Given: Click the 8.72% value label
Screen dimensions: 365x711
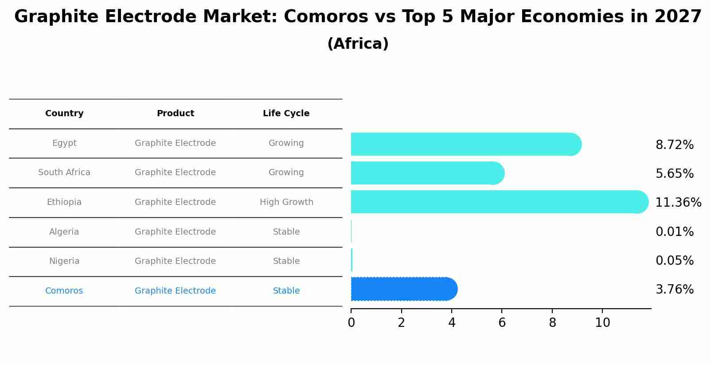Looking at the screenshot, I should pos(674,145).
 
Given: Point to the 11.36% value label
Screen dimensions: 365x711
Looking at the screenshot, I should pos(678,203).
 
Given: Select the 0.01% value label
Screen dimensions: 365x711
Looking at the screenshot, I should pos(674,232).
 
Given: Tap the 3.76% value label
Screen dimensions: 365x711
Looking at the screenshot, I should pos(674,290).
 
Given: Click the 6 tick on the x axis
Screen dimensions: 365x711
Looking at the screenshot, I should pos(502,323).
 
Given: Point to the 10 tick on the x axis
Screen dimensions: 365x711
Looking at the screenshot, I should pos(602,323).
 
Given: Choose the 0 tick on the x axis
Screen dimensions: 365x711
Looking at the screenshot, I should pos(351,323).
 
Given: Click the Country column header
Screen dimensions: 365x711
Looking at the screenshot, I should pos(64,114).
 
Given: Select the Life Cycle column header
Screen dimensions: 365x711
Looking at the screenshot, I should pos(286,114).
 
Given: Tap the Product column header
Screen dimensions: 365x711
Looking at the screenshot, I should pos(175,114).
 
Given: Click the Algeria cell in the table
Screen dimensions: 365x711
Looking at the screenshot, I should pos(64,232).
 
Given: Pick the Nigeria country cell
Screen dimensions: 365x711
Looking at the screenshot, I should pos(64,261).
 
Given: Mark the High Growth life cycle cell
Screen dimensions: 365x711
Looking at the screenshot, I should pos(286,202).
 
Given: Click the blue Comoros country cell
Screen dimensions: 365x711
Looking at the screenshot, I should pos(64,291).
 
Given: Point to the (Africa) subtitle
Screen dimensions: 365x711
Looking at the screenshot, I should pos(358,44).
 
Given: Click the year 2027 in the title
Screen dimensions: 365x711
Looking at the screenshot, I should pos(678,17).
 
